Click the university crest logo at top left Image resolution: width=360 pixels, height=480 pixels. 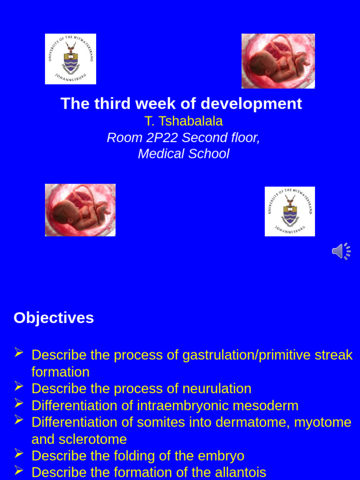point(70,59)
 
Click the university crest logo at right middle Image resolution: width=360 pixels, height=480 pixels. point(290,211)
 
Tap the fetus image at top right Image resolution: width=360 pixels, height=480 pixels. point(278,61)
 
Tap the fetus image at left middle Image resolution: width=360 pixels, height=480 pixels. point(80,210)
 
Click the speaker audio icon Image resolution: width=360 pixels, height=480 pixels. point(341,251)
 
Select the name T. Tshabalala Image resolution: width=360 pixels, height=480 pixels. point(183,121)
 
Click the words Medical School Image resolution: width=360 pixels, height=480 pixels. point(183,154)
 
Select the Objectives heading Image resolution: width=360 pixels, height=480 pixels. point(53,318)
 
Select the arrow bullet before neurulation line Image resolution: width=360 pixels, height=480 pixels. point(19,387)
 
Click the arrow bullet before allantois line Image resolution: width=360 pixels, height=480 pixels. point(19,470)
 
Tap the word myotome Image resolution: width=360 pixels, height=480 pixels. point(322,422)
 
